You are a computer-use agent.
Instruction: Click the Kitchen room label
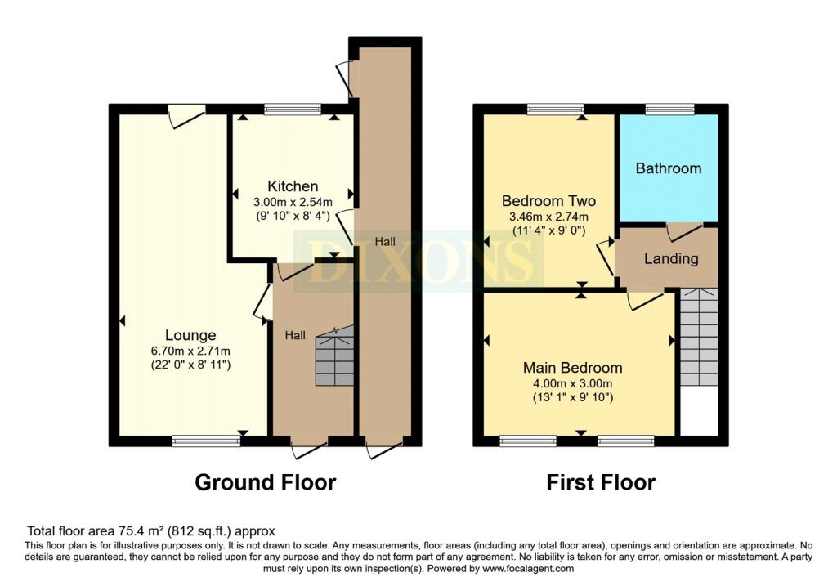click(292, 186)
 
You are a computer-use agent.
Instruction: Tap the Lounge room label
click(190, 335)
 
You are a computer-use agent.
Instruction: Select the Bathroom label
click(668, 168)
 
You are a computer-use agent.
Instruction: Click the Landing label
click(671, 258)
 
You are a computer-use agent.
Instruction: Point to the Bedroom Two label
click(548, 201)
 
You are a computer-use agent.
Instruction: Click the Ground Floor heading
click(265, 482)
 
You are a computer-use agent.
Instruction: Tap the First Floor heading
click(601, 482)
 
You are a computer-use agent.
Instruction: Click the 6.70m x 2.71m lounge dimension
click(190, 351)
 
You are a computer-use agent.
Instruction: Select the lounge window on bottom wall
click(206, 441)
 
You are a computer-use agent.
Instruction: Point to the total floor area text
click(151, 530)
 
